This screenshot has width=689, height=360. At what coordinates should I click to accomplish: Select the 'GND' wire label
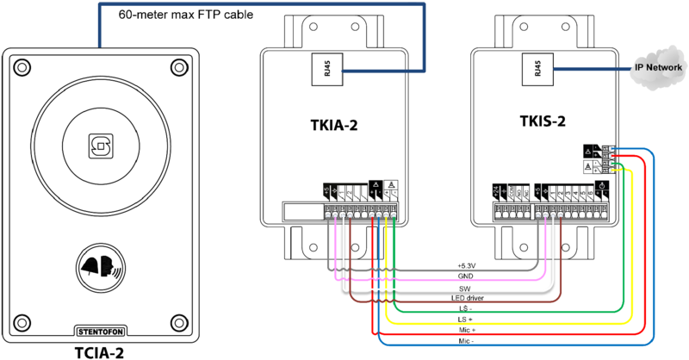click(464, 276)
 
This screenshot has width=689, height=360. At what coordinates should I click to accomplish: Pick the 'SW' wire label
click(464, 288)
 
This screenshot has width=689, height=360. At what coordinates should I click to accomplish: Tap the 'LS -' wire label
click(464, 308)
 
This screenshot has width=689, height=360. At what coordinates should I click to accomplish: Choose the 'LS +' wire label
click(464, 320)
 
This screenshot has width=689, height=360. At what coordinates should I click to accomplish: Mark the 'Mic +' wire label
click(464, 330)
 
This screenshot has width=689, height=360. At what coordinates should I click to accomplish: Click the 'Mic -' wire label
click(464, 341)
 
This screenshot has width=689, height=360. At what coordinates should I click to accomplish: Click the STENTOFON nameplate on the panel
click(102, 330)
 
